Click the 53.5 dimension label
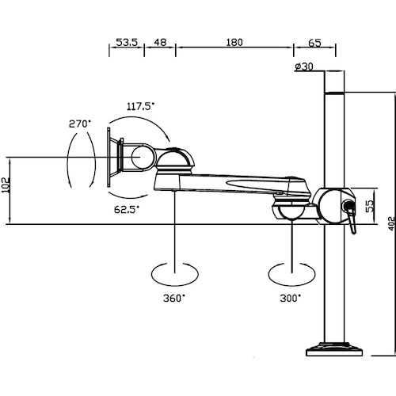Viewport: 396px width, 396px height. click(x=127, y=42)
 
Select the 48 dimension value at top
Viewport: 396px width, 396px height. click(x=160, y=42)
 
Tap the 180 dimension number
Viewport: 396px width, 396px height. click(x=234, y=42)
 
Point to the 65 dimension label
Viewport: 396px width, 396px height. click(x=314, y=43)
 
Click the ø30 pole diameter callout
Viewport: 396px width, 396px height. click(x=304, y=67)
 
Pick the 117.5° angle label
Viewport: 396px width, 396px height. click(x=140, y=106)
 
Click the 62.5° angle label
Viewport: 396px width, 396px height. click(x=127, y=209)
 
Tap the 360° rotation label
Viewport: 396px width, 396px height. click(x=174, y=299)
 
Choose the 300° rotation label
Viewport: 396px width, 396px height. click(x=291, y=299)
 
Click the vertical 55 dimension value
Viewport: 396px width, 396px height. click(x=371, y=206)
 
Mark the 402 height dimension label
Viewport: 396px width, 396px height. click(x=392, y=223)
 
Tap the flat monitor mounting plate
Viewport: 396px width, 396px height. click(x=109, y=158)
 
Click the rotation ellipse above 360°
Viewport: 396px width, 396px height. click(x=174, y=274)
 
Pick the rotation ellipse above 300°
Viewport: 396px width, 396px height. click(x=291, y=274)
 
